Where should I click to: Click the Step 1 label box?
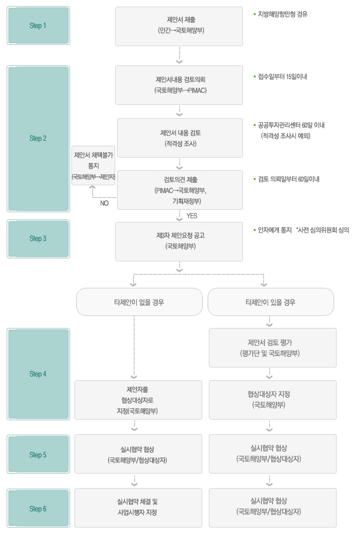38,26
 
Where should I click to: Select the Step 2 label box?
38,138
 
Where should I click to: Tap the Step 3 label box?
38,239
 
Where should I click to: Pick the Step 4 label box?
38,374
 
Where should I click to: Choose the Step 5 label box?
38,455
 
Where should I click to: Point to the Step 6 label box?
38,509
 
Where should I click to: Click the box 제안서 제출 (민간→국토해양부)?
179,26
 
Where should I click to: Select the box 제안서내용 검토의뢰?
179,85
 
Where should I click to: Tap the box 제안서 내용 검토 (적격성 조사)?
180,138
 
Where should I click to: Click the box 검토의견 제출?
180,190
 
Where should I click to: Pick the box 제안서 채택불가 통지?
93,165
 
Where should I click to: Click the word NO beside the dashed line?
104,203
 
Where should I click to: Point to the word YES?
192,215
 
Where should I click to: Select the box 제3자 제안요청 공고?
179,241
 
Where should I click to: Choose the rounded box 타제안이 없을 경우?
137,302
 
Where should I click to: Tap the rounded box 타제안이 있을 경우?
270,302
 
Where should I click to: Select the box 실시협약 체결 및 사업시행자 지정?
138,507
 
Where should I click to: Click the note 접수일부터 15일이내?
282,77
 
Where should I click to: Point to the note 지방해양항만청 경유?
283,13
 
